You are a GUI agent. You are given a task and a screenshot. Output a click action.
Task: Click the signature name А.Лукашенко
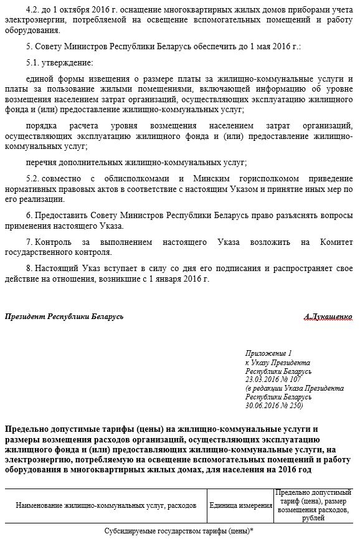point(329,317)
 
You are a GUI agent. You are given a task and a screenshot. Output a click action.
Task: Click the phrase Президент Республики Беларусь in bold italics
point(64,317)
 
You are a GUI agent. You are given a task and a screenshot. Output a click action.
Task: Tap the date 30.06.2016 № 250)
point(274,405)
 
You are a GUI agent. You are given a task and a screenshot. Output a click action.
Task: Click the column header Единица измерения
point(240,505)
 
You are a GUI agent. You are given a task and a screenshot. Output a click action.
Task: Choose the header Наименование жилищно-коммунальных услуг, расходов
point(106,505)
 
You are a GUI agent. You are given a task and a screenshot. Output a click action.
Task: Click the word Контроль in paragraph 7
point(55,241)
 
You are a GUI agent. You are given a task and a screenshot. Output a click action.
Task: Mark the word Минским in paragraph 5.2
point(222,178)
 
